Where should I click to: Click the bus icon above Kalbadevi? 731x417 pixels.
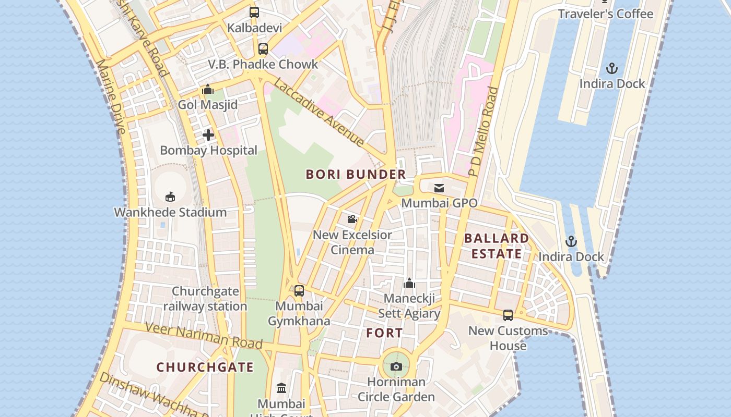254,13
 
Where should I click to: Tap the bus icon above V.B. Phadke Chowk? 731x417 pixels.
263,49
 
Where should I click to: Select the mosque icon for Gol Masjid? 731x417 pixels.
208,90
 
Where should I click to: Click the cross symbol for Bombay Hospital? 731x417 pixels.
208,135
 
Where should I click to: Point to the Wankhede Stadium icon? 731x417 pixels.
170,197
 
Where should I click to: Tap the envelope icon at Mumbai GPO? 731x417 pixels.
439,188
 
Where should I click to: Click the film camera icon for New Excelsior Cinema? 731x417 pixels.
352,219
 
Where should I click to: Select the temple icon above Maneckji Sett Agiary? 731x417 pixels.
409,283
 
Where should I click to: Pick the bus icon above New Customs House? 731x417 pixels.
508,315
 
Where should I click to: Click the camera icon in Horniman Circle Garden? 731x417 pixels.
396,366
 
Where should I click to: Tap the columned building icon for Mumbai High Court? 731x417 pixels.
281,388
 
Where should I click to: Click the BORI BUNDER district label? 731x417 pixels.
356,174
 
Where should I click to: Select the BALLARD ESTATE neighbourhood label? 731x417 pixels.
496,246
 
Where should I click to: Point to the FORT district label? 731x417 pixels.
384,333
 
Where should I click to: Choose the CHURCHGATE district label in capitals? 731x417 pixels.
205,367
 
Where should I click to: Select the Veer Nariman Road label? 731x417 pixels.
204,336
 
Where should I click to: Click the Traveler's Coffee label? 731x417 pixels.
605,14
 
